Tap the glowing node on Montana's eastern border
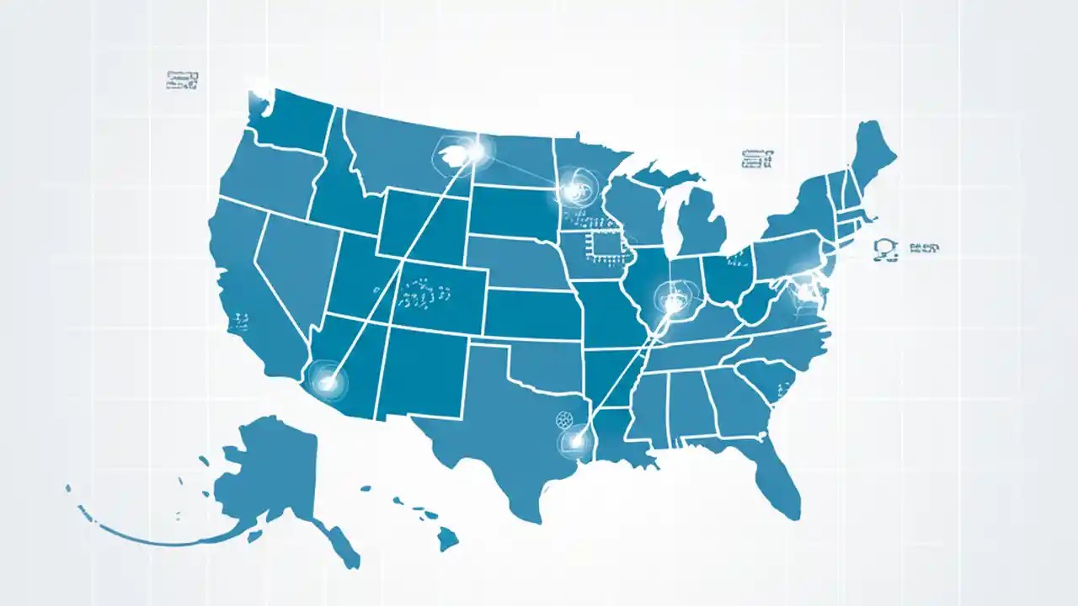click(473, 152)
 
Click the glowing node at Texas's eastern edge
click(577, 439)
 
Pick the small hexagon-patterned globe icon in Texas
click(564, 419)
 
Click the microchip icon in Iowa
click(604, 243)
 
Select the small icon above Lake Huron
click(756, 157)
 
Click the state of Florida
click(779, 480)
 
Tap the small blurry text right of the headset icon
click(923, 248)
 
